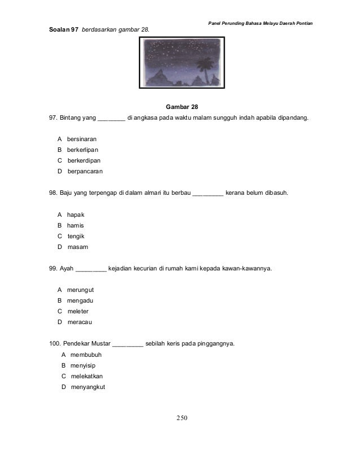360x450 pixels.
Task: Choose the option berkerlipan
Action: tap(82, 150)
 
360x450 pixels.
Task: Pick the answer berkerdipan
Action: tap(84, 160)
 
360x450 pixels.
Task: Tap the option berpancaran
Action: tap(86, 171)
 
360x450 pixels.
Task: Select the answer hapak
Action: tap(76, 215)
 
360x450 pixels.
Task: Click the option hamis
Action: tap(76, 225)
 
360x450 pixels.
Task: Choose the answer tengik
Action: tap(76, 236)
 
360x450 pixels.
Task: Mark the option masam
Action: tap(77, 247)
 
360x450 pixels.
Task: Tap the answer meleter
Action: tap(78, 311)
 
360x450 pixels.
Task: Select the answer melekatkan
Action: tap(87, 376)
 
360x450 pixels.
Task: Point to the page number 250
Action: tap(180, 418)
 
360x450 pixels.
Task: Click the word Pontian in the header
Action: tap(302, 23)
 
